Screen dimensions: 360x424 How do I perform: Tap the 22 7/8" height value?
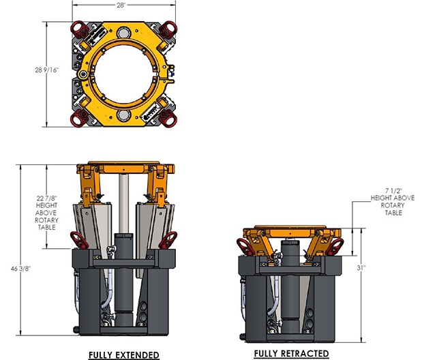click(x=47, y=198)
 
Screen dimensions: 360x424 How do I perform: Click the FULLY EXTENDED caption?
click(x=124, y=355)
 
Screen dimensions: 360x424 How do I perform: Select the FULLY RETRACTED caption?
click(x=291, y=353)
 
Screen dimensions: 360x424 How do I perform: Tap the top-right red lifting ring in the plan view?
click(x=168, y=28)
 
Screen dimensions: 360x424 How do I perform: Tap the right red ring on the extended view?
click(x=171, y=239)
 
